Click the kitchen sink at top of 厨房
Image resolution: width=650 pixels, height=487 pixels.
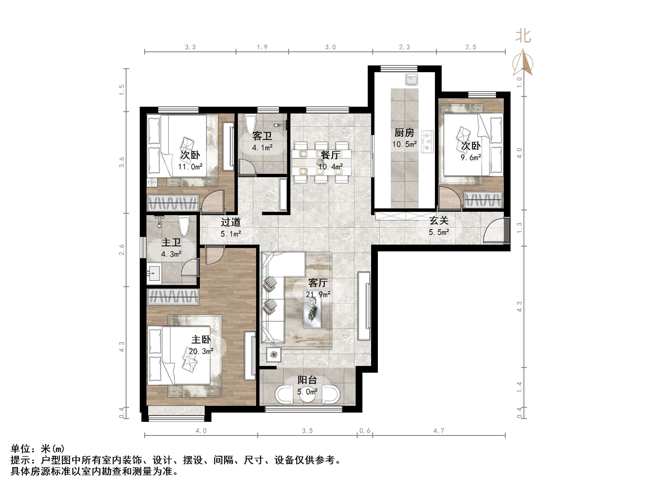coord(411,79)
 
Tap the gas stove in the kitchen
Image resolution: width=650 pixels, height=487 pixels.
coord(427,142)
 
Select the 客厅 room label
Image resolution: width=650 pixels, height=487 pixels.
coord(318,283)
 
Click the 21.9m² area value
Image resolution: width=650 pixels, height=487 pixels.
coord(318,294)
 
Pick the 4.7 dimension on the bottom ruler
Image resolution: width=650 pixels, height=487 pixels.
coord(439,431)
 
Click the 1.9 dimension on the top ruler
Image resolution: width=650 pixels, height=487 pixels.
coord(262,47)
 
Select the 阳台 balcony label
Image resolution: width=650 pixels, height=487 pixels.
coord(307,380)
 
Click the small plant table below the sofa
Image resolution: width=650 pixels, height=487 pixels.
coord(274,355)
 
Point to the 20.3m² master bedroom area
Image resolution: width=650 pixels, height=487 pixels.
coord(201,351)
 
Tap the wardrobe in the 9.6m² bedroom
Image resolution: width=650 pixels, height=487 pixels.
coord(483,200)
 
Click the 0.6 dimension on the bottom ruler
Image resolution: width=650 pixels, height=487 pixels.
coord(365,431)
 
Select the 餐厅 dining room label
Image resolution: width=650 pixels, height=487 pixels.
coord(330,155)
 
